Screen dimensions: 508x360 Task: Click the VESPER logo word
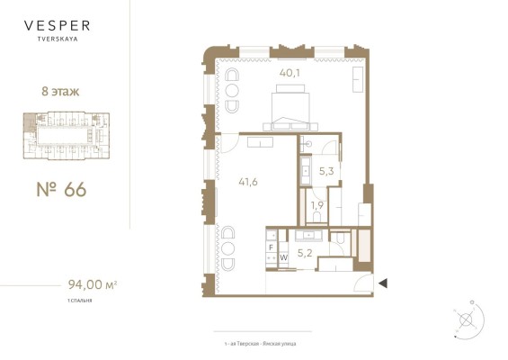click(x=57, y=25)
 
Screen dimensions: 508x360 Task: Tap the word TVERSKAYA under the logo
click(x=58, y=39)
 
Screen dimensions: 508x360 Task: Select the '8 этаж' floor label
click(x=60, y=92)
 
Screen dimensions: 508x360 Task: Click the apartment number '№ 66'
click(x=61, y=189)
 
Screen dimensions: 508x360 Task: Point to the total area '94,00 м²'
click(x=93, y=284)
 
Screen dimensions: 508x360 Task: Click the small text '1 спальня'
click(x=80, y=301)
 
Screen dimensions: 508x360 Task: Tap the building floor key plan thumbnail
click(x=67, y=136)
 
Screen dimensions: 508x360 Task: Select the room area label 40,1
click(x=290, y=73)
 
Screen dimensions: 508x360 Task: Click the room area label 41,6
click(x=248, y=183)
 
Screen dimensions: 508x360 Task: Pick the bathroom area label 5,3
click(x=326, y=171)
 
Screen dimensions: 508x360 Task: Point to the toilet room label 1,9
click(x=317, y=205)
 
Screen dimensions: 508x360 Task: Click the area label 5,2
click(x=305, y=253)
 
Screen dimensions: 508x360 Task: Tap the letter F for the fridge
click(x=272, y=247)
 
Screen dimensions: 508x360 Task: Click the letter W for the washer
click(x=283, y=257)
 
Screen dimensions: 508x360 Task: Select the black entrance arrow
click(x=383, y=283)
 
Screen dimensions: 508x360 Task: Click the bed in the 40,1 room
click(x=290, y=108)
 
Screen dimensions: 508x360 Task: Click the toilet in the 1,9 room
click(x=316, y=217)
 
